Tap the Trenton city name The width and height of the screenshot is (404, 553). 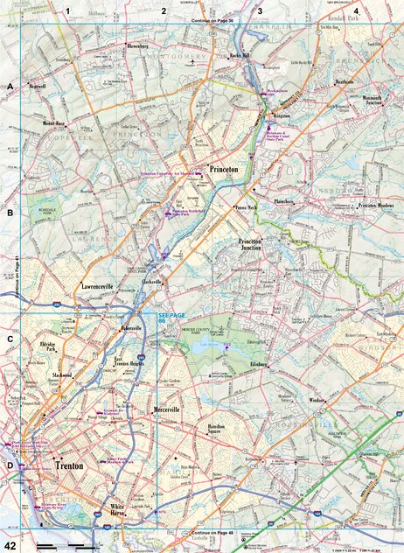pos(69,466)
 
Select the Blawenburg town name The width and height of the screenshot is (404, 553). pos(138,45)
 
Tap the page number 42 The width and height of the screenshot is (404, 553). pos(10,545)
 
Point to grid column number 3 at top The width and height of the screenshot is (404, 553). pos(260,10)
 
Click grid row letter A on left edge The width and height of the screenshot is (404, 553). pos(10,87)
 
